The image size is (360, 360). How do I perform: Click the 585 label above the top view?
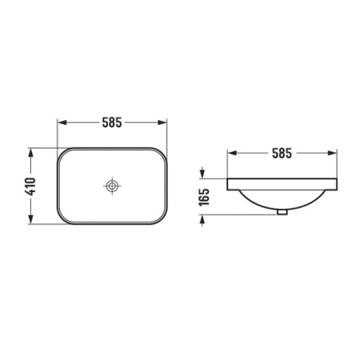(x=112, y=122)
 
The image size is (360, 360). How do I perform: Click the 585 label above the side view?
(x=282, y=154)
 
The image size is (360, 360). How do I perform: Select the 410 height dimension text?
(x=31, y=186)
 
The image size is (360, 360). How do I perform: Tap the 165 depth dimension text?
(x=204, y=197)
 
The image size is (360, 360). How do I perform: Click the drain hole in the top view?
(x=112, y=186)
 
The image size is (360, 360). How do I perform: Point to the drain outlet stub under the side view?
(x=282, y=212)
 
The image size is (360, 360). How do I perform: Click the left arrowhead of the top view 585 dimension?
(x=62, y=122)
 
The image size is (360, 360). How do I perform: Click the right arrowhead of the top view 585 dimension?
(x=162, y=122)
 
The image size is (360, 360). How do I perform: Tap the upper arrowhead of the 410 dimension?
(x=31, y=153)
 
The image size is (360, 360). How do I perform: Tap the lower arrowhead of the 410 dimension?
(x=31, y=219)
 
